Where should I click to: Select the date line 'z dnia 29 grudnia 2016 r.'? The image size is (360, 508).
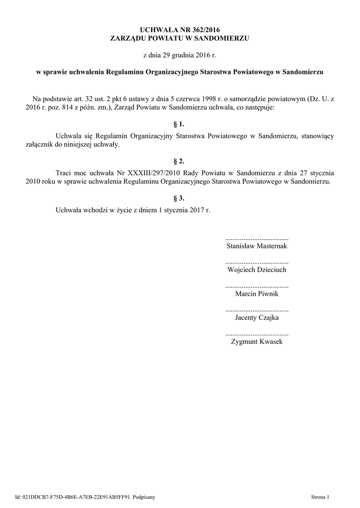pos(179,54)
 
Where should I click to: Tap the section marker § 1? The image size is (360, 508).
pos(179,124)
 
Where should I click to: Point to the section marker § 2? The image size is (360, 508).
pos(179,161)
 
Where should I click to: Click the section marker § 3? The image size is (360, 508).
pos(179,198)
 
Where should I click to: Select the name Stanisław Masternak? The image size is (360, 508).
pos(257,246)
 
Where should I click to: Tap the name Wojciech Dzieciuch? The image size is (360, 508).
pos(257,270)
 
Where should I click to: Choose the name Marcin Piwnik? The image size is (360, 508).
pos(257,294)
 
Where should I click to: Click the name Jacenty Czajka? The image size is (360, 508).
pos(257,318)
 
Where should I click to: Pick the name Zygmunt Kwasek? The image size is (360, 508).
pos(257,342)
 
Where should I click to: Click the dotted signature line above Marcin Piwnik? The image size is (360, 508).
pos(257,286)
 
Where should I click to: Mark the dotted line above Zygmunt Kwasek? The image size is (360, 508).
pos(257,334)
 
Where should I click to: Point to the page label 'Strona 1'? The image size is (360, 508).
pos(320,496)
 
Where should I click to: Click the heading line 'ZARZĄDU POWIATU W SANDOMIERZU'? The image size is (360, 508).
pos(179,38)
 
